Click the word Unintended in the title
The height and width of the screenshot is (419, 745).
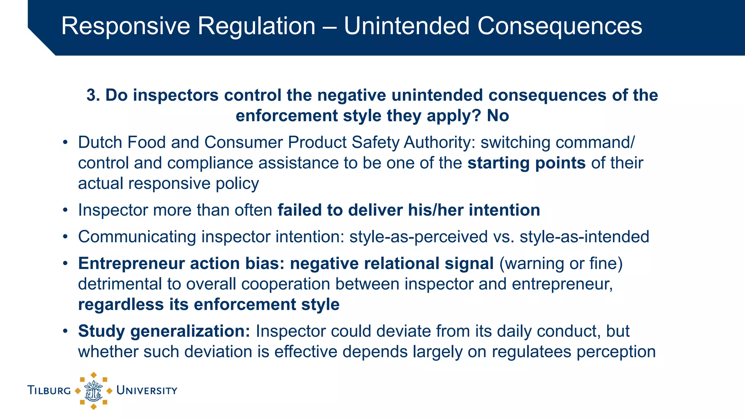406,26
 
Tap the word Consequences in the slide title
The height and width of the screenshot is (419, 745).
559,26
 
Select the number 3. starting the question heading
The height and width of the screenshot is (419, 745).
93,95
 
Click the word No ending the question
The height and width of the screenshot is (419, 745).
498,116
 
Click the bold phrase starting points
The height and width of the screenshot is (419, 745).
526,163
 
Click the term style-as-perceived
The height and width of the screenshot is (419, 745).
418,237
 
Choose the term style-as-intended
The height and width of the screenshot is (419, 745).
584,237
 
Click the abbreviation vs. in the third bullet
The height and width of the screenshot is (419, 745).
503,237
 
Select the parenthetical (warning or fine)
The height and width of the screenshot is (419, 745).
561,263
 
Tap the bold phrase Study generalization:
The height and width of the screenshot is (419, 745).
164,331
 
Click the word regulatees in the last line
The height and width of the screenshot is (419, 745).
531,352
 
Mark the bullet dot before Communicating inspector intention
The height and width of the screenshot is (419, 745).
65,237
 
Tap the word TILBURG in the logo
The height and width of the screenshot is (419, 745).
49,391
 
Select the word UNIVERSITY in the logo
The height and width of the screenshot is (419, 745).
147,391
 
